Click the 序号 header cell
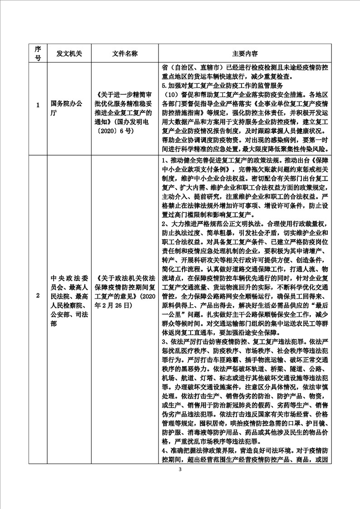[38, 53]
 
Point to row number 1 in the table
[38, 106]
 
